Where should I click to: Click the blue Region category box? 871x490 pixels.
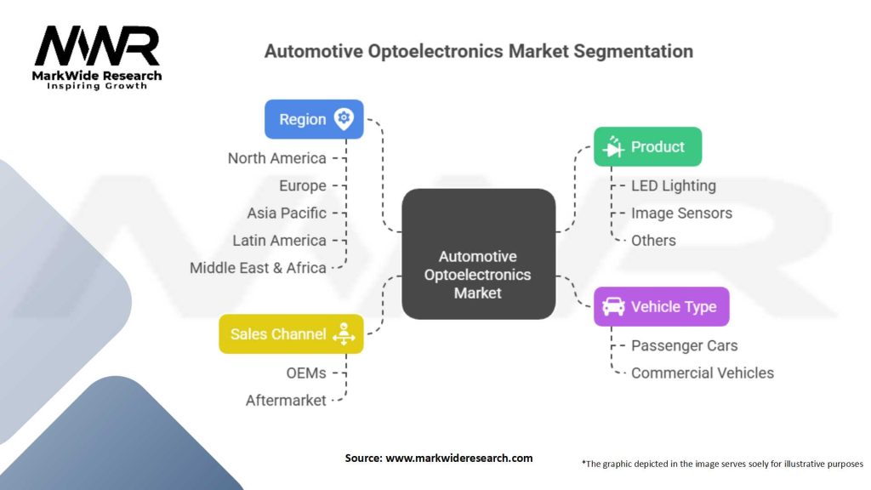click(x=314, y=119)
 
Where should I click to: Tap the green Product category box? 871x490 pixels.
click(x=647, y=146)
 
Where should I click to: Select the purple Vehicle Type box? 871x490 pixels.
click(x=662, y=306)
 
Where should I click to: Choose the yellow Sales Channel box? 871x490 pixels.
click(x=291, y=333)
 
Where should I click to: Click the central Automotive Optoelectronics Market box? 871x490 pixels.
click(x=478, y=254)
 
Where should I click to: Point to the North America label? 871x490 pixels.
click(x=276, y=158)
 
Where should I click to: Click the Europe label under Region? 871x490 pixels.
click(x=303, y=185)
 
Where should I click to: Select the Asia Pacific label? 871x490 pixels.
click(x=287, y=213)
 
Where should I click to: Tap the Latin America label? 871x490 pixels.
click(x=279, y=241)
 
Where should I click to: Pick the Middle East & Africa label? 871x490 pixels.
click(x=258, y=268)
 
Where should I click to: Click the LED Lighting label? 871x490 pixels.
click(x=674, y=185)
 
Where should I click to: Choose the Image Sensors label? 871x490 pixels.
click(x=681, y=213)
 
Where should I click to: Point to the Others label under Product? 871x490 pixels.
click(x=653, y=241)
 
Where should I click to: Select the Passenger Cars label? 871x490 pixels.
click(x=685, y=345)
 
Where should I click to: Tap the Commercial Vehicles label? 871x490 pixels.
click(x=702, y=373)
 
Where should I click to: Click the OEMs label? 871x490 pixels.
click(x=306, y=373)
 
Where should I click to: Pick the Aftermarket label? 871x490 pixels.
click(x=286, y=401)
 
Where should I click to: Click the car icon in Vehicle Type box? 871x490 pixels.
click(x=613, y=306)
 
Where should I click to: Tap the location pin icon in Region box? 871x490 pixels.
click(x=344, y=119)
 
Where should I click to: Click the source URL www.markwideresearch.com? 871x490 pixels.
click(x=458, y=459)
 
